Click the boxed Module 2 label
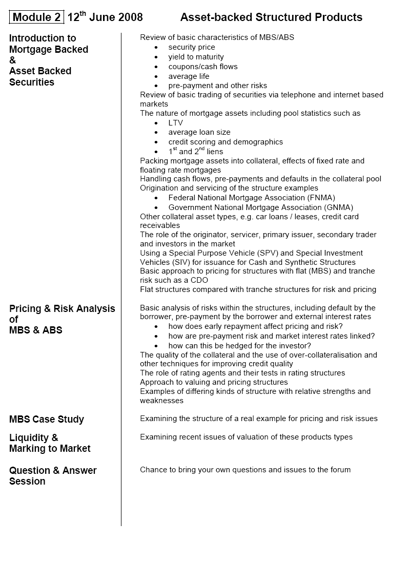point(36,17)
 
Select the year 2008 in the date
point(131,17)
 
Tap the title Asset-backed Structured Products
point(271,17)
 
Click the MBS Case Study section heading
point(47,420)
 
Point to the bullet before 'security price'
point(156,48)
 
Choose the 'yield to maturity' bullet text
point(196,57)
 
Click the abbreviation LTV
point(175,123)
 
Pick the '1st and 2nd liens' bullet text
point(196,152)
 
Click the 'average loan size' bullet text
point(199,132)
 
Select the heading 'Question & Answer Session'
point(53,476)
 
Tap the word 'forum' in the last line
point(340,470)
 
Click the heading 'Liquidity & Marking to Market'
point(50,443)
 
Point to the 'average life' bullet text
point(189,76)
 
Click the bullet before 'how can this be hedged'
point(156,346)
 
